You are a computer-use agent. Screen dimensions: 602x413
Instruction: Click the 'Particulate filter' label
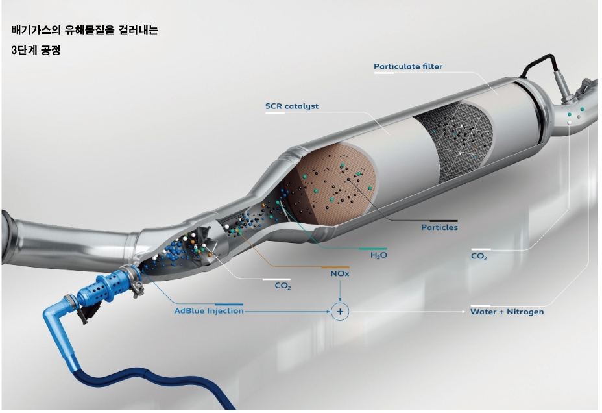point(408,67)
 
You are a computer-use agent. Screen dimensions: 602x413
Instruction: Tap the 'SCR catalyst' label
point(292,106)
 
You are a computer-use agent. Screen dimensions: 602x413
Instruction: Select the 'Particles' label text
point(439,227)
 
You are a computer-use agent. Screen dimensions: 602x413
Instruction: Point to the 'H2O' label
point(378,256)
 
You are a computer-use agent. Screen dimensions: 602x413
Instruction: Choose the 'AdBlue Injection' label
point(209,311)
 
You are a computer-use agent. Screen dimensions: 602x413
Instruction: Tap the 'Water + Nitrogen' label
point(507,312)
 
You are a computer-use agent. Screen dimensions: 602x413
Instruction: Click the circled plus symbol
point(340,312)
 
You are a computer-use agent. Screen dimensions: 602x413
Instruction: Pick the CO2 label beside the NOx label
point(283,286)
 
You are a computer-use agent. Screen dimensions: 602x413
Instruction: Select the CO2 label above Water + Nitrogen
point(479,257)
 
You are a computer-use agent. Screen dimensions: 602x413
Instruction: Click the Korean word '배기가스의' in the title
point(35,31)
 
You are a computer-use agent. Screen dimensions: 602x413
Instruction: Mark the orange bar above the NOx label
point(335,267)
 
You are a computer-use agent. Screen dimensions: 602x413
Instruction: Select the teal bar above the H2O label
point(373,248)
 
